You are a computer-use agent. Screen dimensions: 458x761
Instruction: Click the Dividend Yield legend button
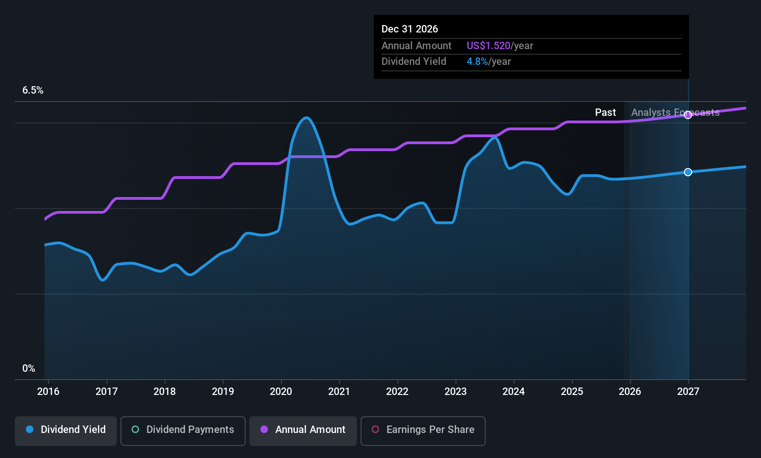pos(66,430)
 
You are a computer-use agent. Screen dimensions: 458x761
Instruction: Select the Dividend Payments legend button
pos(183,430)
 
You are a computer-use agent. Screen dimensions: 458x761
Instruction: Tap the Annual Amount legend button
pos(303,430)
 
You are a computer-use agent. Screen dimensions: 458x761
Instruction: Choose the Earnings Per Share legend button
pos(423,430)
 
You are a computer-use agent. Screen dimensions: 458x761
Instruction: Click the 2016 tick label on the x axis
pos(48,392)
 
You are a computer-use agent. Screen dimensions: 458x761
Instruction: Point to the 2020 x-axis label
pos(281,392)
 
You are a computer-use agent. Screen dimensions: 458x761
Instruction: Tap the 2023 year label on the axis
pos(456,392)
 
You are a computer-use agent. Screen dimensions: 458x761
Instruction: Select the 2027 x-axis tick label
pos(688,392)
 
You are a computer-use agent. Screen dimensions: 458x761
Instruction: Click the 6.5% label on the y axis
pos(33,90)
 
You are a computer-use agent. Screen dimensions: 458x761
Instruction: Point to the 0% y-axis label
pos(29,369)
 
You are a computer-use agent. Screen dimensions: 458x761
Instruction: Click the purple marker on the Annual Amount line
pos(688,115)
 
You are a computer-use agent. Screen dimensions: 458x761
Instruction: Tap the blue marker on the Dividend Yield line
pos(688,172)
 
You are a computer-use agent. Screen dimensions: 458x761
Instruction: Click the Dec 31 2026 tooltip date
pos(410,29)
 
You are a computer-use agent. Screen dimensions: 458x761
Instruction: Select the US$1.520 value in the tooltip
pos(488,46)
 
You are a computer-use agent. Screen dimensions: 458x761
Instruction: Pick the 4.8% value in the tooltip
pos(477,62)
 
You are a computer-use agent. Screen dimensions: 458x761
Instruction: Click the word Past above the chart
pos(605,113)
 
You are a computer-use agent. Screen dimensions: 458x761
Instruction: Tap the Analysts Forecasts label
pos(675,113)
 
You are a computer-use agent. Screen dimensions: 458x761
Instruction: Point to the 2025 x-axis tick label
pos(572,392)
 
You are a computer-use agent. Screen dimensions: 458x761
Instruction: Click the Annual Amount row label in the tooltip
pos(416,46)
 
